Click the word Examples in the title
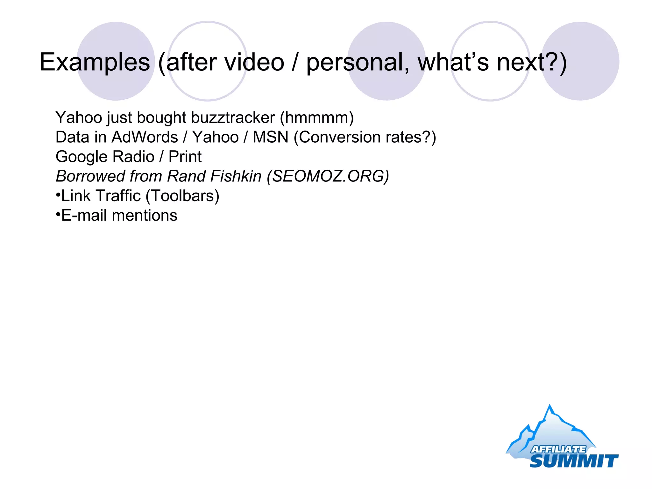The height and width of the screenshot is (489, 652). (95, 62)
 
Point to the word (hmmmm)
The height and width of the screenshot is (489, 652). (317, 117)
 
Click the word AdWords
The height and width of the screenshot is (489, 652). (145, 137)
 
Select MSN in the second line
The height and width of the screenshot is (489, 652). (270, 137)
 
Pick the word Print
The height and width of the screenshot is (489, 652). (185, 157)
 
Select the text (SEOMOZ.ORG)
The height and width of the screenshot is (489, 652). (328, 176)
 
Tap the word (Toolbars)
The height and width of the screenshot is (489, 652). (182, 196)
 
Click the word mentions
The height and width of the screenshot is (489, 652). (145, 216)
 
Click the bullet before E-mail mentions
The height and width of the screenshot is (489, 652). (58, 214)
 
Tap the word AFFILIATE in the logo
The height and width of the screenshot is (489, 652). (558, 449)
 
